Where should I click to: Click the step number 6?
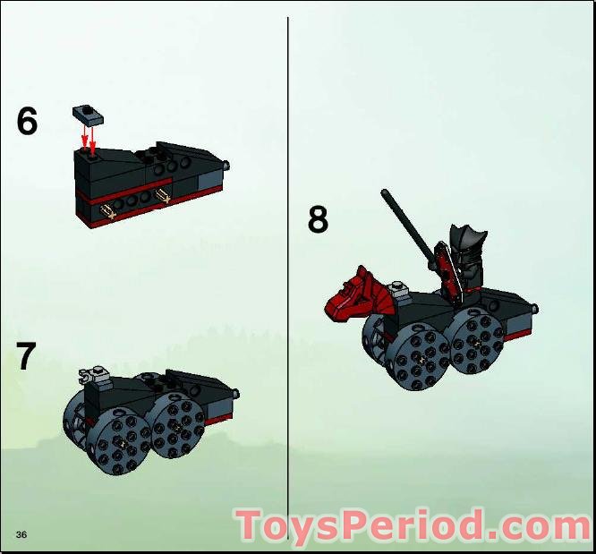click(x=27, y=122)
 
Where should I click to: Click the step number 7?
click(x=26, y=356)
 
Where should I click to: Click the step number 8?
click(x=318, y=219)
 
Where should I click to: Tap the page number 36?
click(x=21, y=534)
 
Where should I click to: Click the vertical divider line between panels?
click(x=288, y=268)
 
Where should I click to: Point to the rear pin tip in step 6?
click(x=229, y=166)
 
